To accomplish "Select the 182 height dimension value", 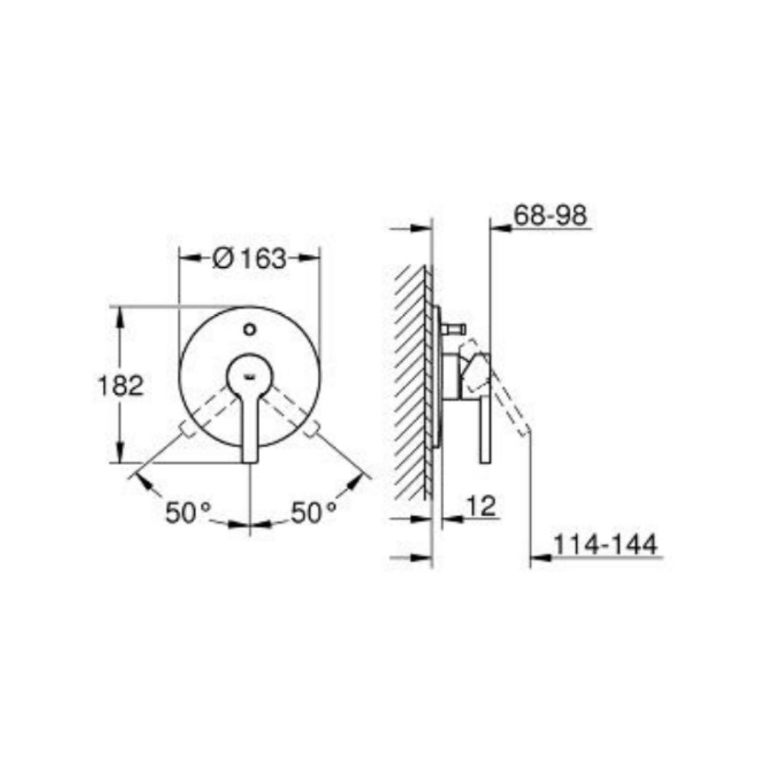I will (120, 386).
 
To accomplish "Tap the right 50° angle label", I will (314, 512).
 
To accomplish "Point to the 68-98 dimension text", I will (550, 216).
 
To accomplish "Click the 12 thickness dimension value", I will (482, 505).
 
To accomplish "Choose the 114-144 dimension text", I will (606, 545).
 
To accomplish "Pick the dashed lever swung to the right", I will (292, 411).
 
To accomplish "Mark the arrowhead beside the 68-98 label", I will (499, 227).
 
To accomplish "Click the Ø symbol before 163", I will (221, 259).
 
